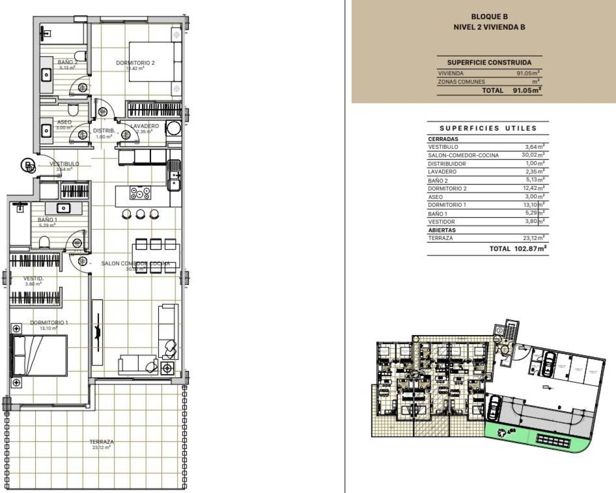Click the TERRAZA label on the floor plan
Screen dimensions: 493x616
(102, 441)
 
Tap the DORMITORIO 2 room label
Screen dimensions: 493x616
(135, 63)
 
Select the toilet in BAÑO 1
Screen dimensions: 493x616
(43, 241)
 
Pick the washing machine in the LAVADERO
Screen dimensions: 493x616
(173, 129)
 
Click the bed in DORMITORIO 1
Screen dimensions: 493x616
(38, 355)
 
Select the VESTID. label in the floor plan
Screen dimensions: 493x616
(34, 278)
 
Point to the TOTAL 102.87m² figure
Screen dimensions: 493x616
(518, 248)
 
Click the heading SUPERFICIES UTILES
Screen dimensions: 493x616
(488, 128)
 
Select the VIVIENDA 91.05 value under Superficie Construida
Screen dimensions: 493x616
(527, 73)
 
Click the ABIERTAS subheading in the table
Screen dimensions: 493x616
(441, 230)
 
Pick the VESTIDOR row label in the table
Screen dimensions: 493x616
(441, 222)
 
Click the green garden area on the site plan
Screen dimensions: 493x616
(510, 436)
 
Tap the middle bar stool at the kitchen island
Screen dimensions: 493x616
(140, 214)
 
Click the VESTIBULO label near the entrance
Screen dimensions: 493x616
(64, 164)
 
